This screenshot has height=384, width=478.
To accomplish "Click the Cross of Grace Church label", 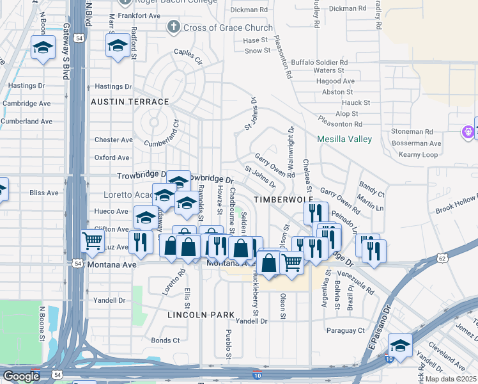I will (227, 28).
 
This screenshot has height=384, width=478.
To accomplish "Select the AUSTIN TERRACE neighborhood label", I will (130, 102).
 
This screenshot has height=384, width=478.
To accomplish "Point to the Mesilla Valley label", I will (345, 139).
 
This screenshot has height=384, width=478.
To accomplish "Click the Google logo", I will (21, 376).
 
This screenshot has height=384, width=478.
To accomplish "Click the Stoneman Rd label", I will (416, 131).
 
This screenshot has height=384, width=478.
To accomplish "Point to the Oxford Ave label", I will (112, 157).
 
